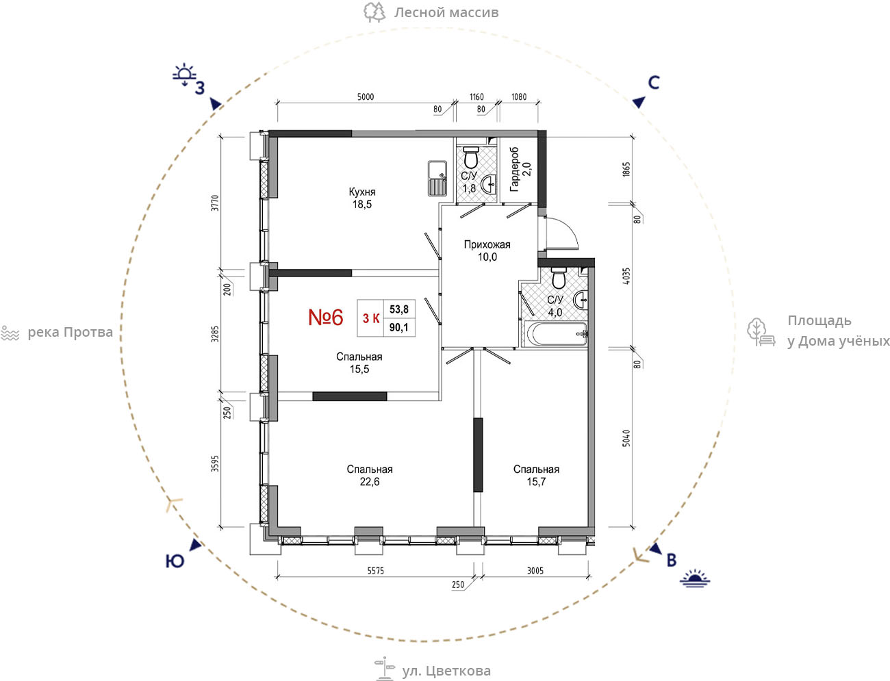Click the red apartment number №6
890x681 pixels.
(326, 318)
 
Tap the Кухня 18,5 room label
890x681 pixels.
(362, 198)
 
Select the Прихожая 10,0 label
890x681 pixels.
(487, 250)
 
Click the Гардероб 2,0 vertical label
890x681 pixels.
(520, 169)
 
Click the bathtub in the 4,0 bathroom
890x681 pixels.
(555, 334)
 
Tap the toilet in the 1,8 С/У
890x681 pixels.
(471, 157)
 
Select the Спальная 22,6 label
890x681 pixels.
(370, 476)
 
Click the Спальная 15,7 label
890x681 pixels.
(536, 476)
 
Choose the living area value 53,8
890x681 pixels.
(399, 309)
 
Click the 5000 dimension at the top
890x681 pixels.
(366, 97)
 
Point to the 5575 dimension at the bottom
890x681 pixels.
(375, 571)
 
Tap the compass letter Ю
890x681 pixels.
(175, 561)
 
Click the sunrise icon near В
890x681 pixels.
(695, 578)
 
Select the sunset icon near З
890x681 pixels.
(184, 75)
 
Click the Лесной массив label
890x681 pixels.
(446, 12)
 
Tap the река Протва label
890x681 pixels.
(70, 333)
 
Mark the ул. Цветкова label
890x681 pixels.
(446, 671)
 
